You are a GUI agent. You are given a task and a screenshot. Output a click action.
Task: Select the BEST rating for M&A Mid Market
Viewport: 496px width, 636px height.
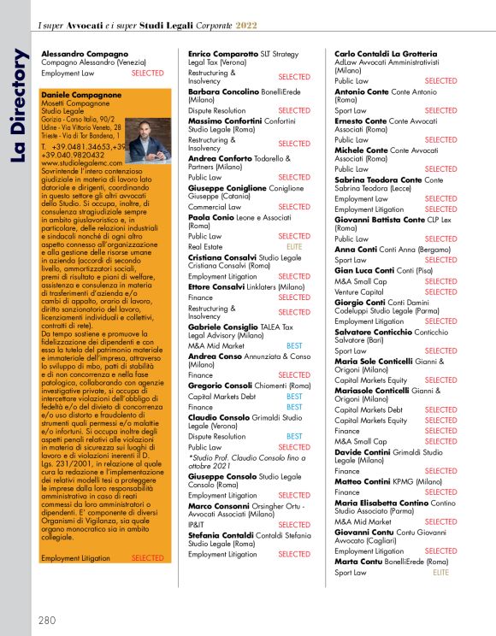click(294, 344)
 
